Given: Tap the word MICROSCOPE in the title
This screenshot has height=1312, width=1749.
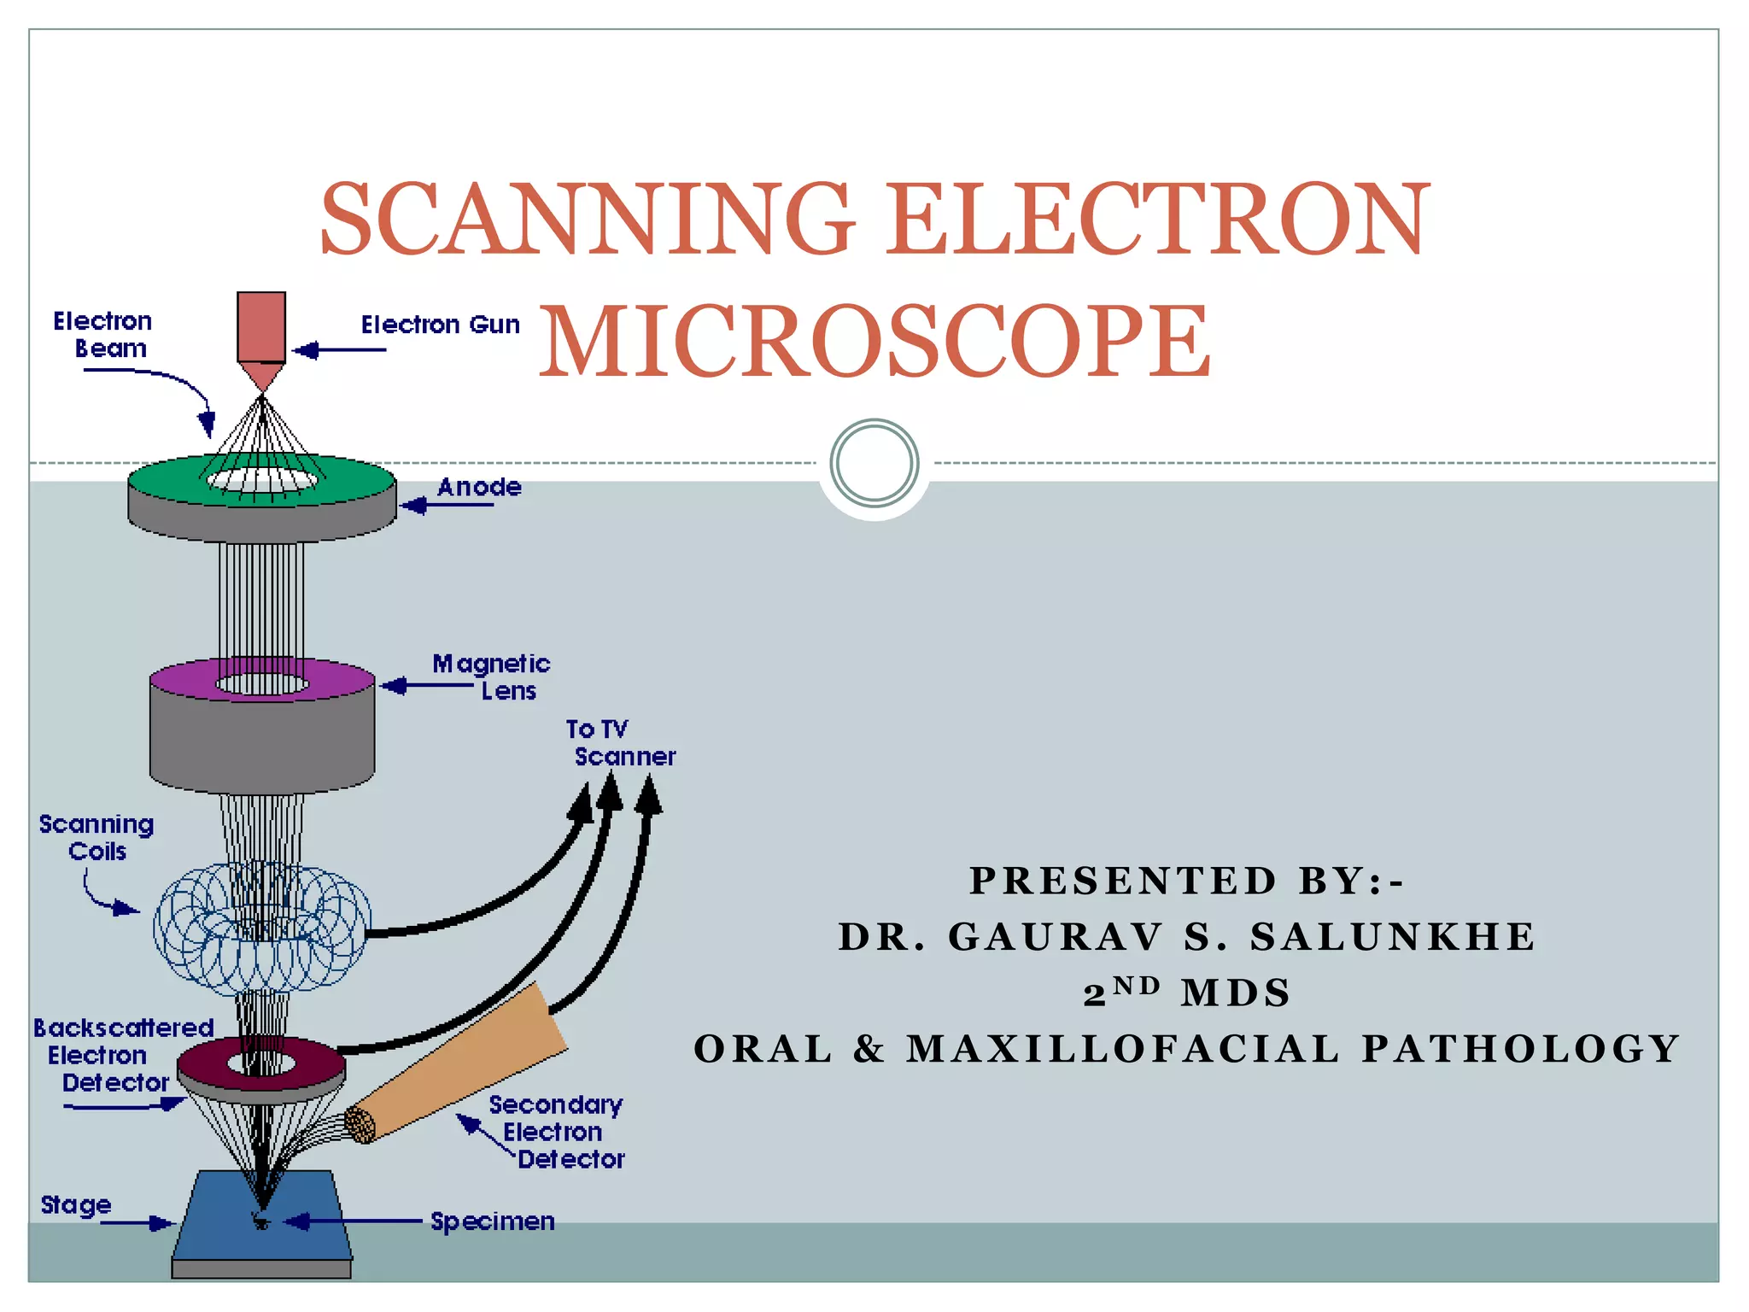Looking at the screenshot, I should point(874,342).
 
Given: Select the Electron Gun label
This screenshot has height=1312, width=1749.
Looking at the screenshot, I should point(440,325).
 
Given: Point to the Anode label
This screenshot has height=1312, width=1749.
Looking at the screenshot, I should point(479,488).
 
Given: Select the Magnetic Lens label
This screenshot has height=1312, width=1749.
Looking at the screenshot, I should point(492,676).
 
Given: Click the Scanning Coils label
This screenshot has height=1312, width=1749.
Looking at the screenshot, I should point(97,837).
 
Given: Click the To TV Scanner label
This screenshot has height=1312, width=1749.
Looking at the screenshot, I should point(621,743).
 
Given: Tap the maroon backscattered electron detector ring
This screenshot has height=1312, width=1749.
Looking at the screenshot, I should point(205,1064).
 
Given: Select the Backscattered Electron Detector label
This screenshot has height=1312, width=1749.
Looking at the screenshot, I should point(122,1055).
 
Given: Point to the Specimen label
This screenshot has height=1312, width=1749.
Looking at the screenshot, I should point(493,1221).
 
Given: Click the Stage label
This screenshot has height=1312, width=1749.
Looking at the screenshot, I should point(76,1205).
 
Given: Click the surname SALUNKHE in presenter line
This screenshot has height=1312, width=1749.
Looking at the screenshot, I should point(1392,937).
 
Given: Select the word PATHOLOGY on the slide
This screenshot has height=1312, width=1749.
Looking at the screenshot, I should point(1520,1049).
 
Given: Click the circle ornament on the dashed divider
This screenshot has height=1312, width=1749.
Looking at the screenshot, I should point(874,464).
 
